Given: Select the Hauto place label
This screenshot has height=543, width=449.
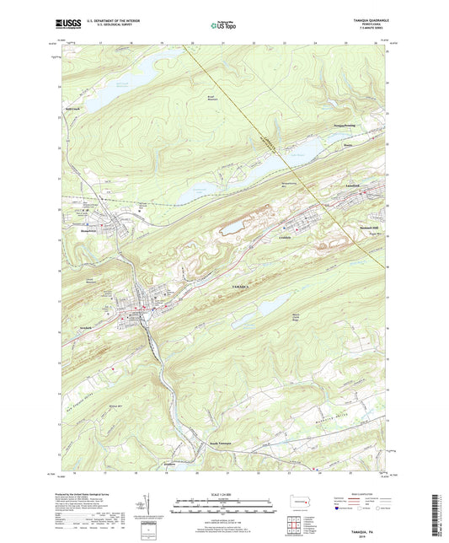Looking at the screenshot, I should coord(346,144).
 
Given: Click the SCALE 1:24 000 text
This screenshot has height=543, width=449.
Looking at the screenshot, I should coord(223,495).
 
